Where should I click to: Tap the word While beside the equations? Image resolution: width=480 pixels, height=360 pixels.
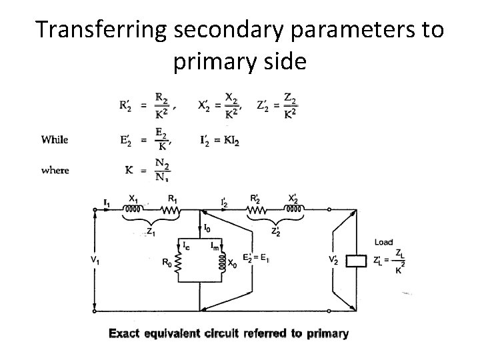click(x=55, y=139)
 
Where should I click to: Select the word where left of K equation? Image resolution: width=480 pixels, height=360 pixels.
click(x=55, y=171)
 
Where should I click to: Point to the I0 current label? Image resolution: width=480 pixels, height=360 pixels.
click(x=207, y=228)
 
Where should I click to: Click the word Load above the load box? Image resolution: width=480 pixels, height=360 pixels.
click(x=383, y=242)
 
